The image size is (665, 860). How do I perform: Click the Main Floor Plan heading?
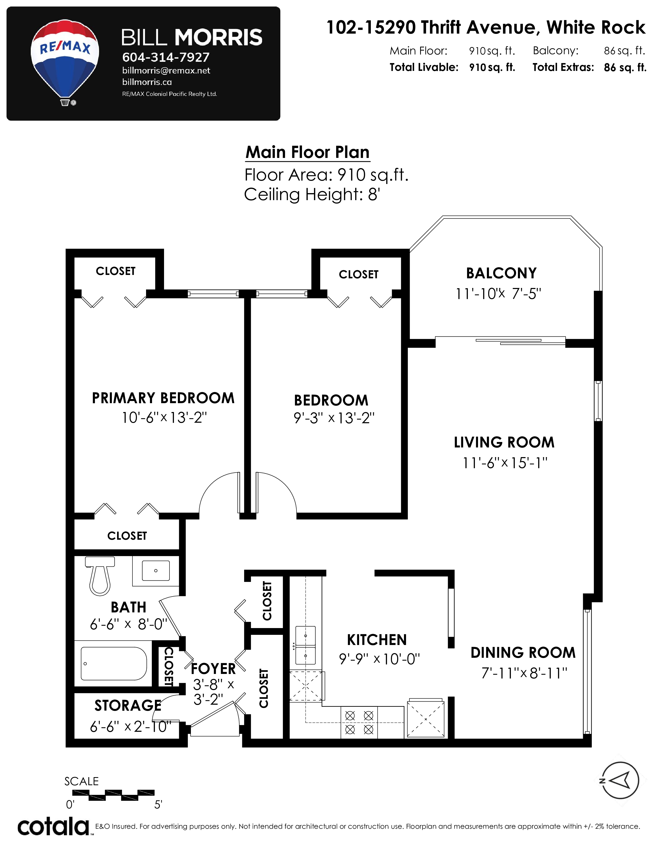click(307, 152)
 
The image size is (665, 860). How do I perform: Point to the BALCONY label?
click(501, 273)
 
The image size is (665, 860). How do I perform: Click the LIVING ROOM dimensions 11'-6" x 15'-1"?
click(505, 463)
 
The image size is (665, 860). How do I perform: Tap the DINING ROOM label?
click(523, 653)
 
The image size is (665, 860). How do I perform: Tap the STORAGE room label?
click(128, 706)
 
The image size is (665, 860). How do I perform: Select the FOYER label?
click(213, 669)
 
